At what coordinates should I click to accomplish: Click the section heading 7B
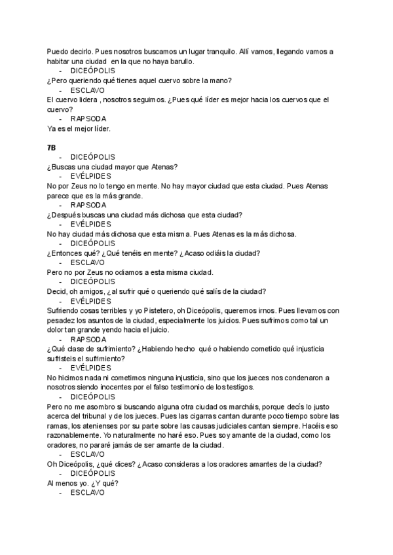(52, 148)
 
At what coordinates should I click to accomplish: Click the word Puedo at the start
(58, 52)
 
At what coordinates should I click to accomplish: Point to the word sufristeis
(66, 359)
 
